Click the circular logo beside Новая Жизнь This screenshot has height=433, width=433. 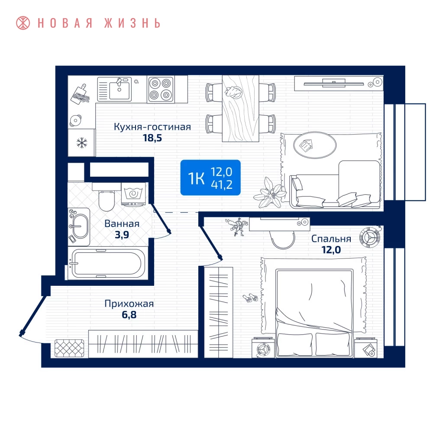click(x=23, y=23)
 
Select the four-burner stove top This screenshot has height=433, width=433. click(x=161, y=89)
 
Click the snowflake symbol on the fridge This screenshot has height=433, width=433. click(x=82, y=143)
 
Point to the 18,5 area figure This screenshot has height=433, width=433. click(x=152, y=138)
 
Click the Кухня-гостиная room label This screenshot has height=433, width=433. click(x=152, y=127)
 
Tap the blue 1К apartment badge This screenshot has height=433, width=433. click(x=210, y=178)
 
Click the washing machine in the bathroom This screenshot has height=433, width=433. click(x=133, y=194)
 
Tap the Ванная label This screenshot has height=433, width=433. click(x=122, y=224)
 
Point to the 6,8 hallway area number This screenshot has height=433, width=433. click(x=129, y=314)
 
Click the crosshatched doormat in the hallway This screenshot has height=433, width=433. click(x=69, y=349)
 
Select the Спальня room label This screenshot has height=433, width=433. click(x=331, y=239)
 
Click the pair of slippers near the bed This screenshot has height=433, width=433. click(x=250, y=298)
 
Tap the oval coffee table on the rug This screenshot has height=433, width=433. click(x=315, y=145)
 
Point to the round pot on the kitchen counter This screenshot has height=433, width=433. click(x=75, y=120)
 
